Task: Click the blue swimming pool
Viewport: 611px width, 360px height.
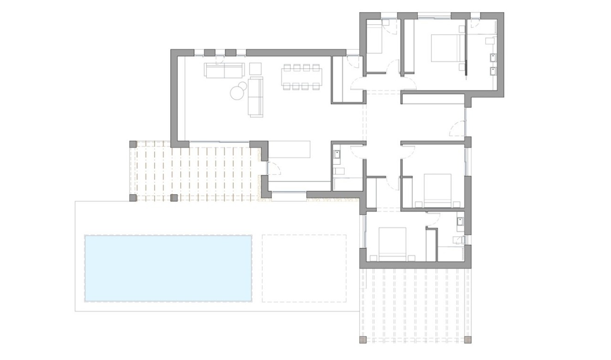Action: click(x=168, y=268)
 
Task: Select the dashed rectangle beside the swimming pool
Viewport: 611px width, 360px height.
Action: click(x=304, y=268)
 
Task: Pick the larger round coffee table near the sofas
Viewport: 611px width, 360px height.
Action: click(x=237, y=93)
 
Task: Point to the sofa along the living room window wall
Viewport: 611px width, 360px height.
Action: click(x=224, y=71)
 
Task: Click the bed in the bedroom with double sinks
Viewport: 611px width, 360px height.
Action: click(x=448, y=48)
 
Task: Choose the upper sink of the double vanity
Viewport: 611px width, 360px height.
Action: click(x=492, y=58)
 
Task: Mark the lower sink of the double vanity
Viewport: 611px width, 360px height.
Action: click(x=492, y=71)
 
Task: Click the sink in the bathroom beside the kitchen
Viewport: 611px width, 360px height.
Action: click(x=337, y=155)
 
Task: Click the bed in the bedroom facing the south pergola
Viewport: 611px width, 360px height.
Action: click(x=392, y=243)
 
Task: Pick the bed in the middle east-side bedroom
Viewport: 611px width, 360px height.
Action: click(x=437, y=190)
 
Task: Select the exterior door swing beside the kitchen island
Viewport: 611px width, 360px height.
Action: click(x=273, y=169)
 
